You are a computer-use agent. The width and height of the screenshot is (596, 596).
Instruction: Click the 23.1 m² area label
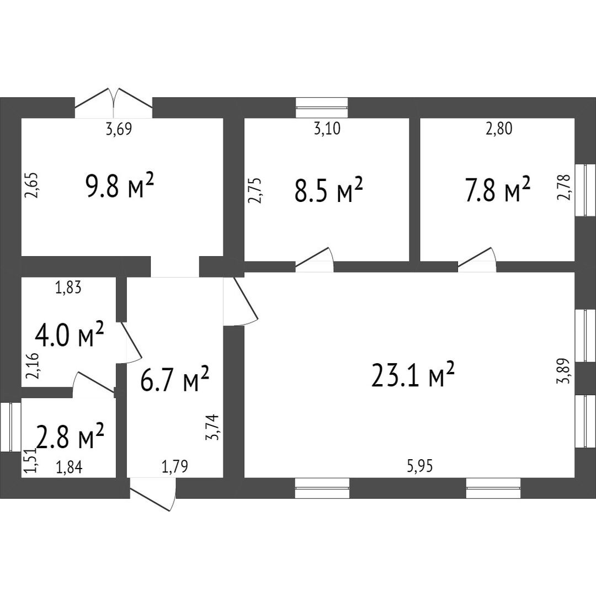click(x=413, y=375)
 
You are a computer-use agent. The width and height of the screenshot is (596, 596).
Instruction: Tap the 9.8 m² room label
click(x=120, y=185)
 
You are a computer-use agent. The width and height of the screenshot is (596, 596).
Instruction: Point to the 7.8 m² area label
click(x=498, y=188)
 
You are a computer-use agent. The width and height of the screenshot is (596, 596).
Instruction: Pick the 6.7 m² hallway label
click(x=174, y=379)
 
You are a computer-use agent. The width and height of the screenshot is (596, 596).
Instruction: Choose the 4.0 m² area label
click(x=69, y=334)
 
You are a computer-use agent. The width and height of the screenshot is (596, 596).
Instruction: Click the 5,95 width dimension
click(x=419, y=466)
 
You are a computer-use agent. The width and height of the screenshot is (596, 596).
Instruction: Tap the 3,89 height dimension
click(x=564, y=371)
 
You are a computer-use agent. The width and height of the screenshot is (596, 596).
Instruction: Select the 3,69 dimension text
click(x=119, y=129)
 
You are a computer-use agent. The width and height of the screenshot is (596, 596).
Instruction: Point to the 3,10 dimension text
click(x=327, y=129)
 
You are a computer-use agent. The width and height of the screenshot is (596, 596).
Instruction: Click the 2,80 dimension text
click(x=499, y=129)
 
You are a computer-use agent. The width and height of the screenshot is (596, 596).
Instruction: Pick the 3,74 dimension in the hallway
click(x=212, y=427)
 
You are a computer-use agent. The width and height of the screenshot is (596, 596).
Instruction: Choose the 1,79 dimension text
click(x=175, y=467)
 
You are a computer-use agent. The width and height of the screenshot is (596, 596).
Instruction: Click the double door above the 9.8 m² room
click(x=114, y=103)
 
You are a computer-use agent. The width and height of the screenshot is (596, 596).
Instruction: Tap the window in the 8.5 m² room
click(x=322, y=107)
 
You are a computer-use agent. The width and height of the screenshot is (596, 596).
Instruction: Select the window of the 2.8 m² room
click(x=10, y=427)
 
